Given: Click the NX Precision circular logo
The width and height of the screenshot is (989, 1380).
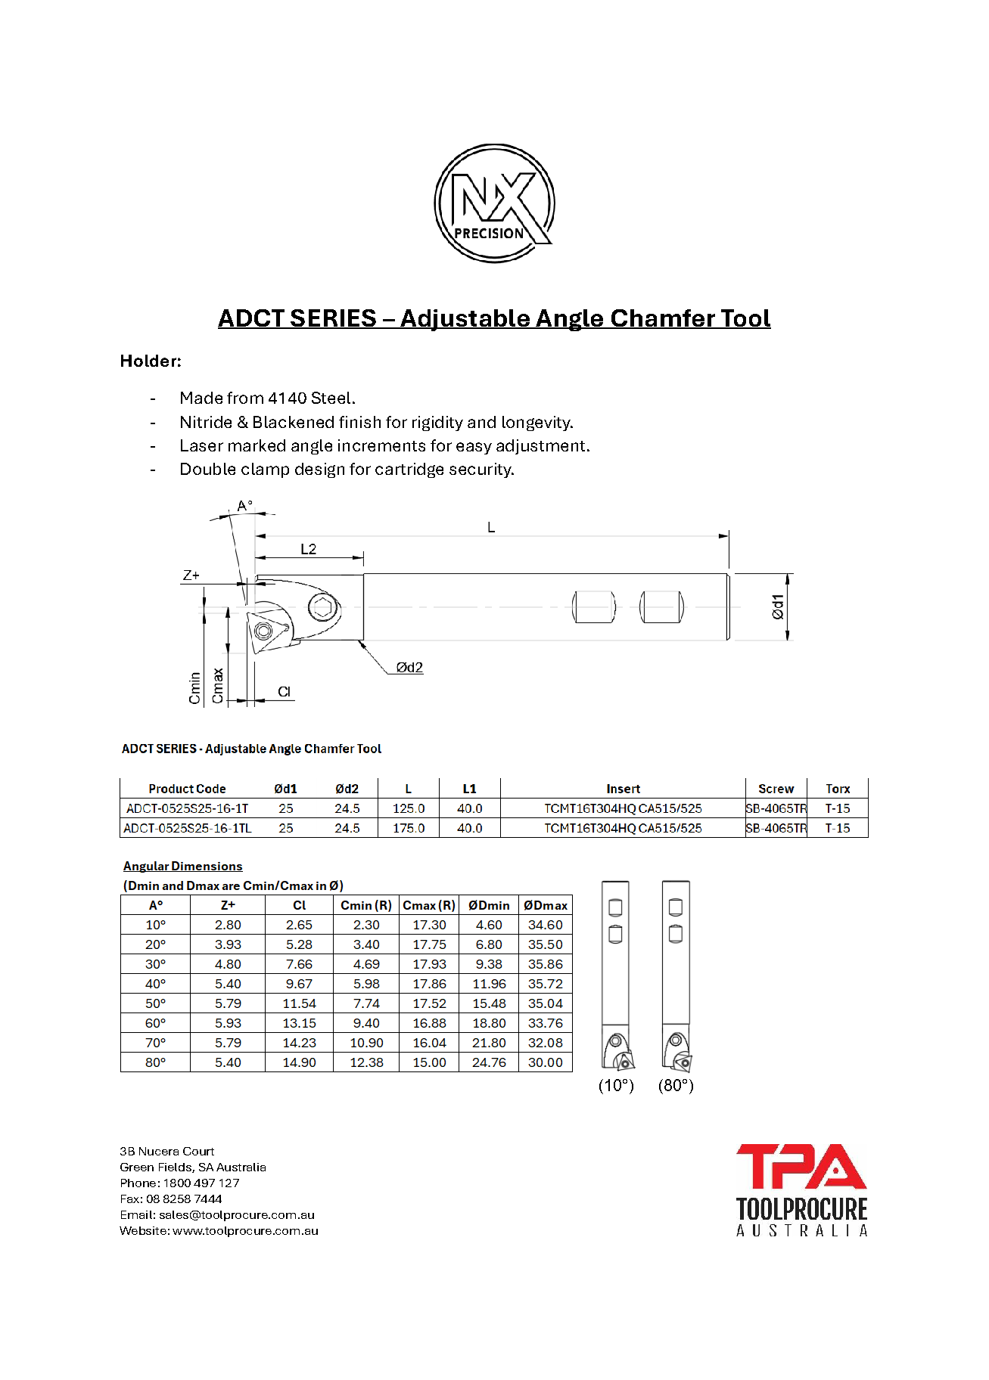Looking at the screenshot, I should [x=494, y=203].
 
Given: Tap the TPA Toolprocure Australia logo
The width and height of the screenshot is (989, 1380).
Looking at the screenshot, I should [x=801, y=1189].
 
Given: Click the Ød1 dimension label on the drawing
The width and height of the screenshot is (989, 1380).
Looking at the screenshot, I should [x=778, y=606].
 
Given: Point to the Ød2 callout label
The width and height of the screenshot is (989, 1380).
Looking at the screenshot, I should [x=409, y=668].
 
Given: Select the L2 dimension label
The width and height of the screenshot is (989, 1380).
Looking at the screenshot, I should [x=308, y=549].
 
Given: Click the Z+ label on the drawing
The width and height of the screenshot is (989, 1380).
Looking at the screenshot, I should [x=191, y=575].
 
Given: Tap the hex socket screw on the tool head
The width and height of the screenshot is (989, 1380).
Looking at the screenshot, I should [x=324, y=606].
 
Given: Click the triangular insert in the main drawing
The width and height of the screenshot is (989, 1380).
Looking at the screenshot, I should [x=263, y=631].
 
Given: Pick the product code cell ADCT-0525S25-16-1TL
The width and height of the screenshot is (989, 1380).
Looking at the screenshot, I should [x=188, y=828].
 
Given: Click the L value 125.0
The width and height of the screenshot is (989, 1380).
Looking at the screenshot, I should [x=409, y=808].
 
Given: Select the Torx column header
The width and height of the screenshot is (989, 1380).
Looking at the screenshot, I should [x=838, y=789].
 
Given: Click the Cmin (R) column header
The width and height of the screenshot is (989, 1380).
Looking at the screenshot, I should [x=366, y=905].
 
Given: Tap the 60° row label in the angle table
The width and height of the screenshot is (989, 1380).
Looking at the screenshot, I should [x=156, y=1023].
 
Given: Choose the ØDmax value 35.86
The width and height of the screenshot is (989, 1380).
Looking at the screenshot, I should [x=546, y=964].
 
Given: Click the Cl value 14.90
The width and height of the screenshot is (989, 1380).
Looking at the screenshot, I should [x=300, y=1062].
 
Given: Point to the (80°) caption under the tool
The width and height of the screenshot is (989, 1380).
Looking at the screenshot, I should [x=676, y=1086].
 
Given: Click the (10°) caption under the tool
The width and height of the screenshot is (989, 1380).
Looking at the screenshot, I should [x=616, y=1086].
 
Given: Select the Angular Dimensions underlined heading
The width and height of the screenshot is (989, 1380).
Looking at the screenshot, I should [x=183, y=867].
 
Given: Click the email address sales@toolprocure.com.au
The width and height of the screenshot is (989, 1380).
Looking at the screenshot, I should [x=237, y=1215].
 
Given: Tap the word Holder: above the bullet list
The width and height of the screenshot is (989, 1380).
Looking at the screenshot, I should [x=151, y=361].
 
